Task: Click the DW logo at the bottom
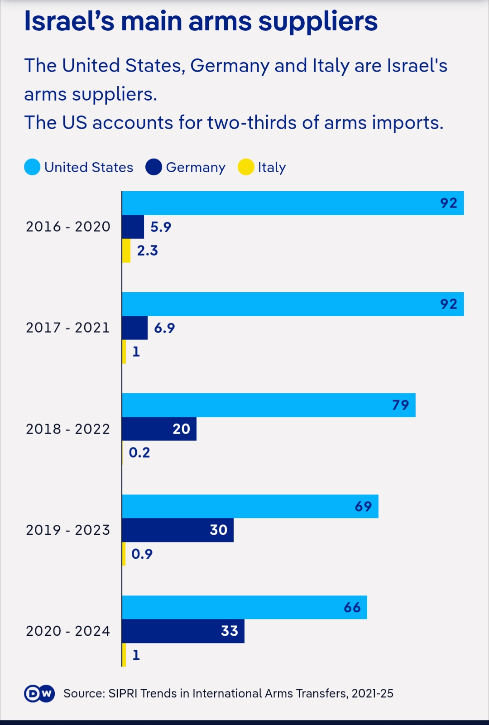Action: pos(39,693)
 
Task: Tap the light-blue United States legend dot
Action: pos(32,167)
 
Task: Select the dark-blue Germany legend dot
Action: pos(154,167)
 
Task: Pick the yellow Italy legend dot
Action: pos(246,167)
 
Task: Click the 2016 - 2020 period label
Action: pos(68,227)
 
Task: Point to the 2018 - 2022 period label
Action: pos(68,429)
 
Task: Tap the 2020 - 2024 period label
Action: pos(68,631)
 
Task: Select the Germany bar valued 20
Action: pos(159,429)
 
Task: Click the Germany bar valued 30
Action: pos(177,530)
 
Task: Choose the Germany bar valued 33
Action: pos(183,631)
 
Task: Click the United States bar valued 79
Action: pos(268,405)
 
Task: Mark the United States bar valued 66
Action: pos(244,607)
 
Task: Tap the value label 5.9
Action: pos(161,227)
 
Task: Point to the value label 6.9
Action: pos(164,328)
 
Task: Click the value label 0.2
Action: pos(139,452)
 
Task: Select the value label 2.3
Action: pos(148,251)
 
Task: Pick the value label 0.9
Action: pos(142,554)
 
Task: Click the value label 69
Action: pos(363,506)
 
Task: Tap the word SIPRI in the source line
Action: pos(123,693)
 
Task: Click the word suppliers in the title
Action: pos(318,21)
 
